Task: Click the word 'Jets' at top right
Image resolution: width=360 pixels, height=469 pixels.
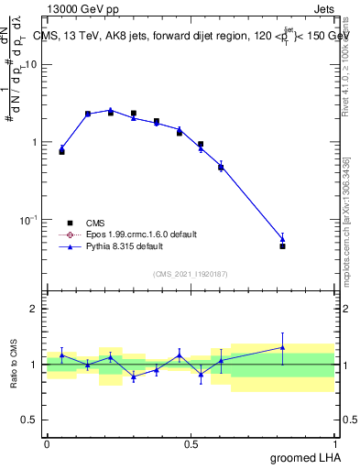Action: click(x=322, y=9)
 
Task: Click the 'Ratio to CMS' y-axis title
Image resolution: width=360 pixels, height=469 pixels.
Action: click(x=16, y=364)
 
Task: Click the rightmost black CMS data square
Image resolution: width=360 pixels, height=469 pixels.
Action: click(x=282, y=246)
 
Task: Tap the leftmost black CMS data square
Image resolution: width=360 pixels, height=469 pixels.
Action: click(x=61, y=151)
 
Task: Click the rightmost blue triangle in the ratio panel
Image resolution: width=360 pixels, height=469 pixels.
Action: click(x=282, y=347)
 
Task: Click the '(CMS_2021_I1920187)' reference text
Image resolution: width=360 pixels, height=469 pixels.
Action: click(x=190, y=273)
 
